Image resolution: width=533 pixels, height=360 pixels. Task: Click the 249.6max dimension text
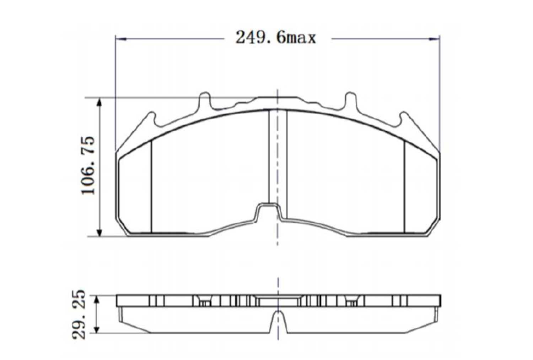[x=276, y=38]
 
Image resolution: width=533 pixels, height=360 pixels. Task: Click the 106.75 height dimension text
[x=88, y=165]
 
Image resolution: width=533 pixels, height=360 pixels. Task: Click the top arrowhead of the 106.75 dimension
[x=100, y=102]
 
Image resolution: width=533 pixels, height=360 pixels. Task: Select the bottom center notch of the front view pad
[x=268, y=212]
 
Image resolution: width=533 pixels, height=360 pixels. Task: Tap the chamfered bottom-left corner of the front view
[x=122, y=227]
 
